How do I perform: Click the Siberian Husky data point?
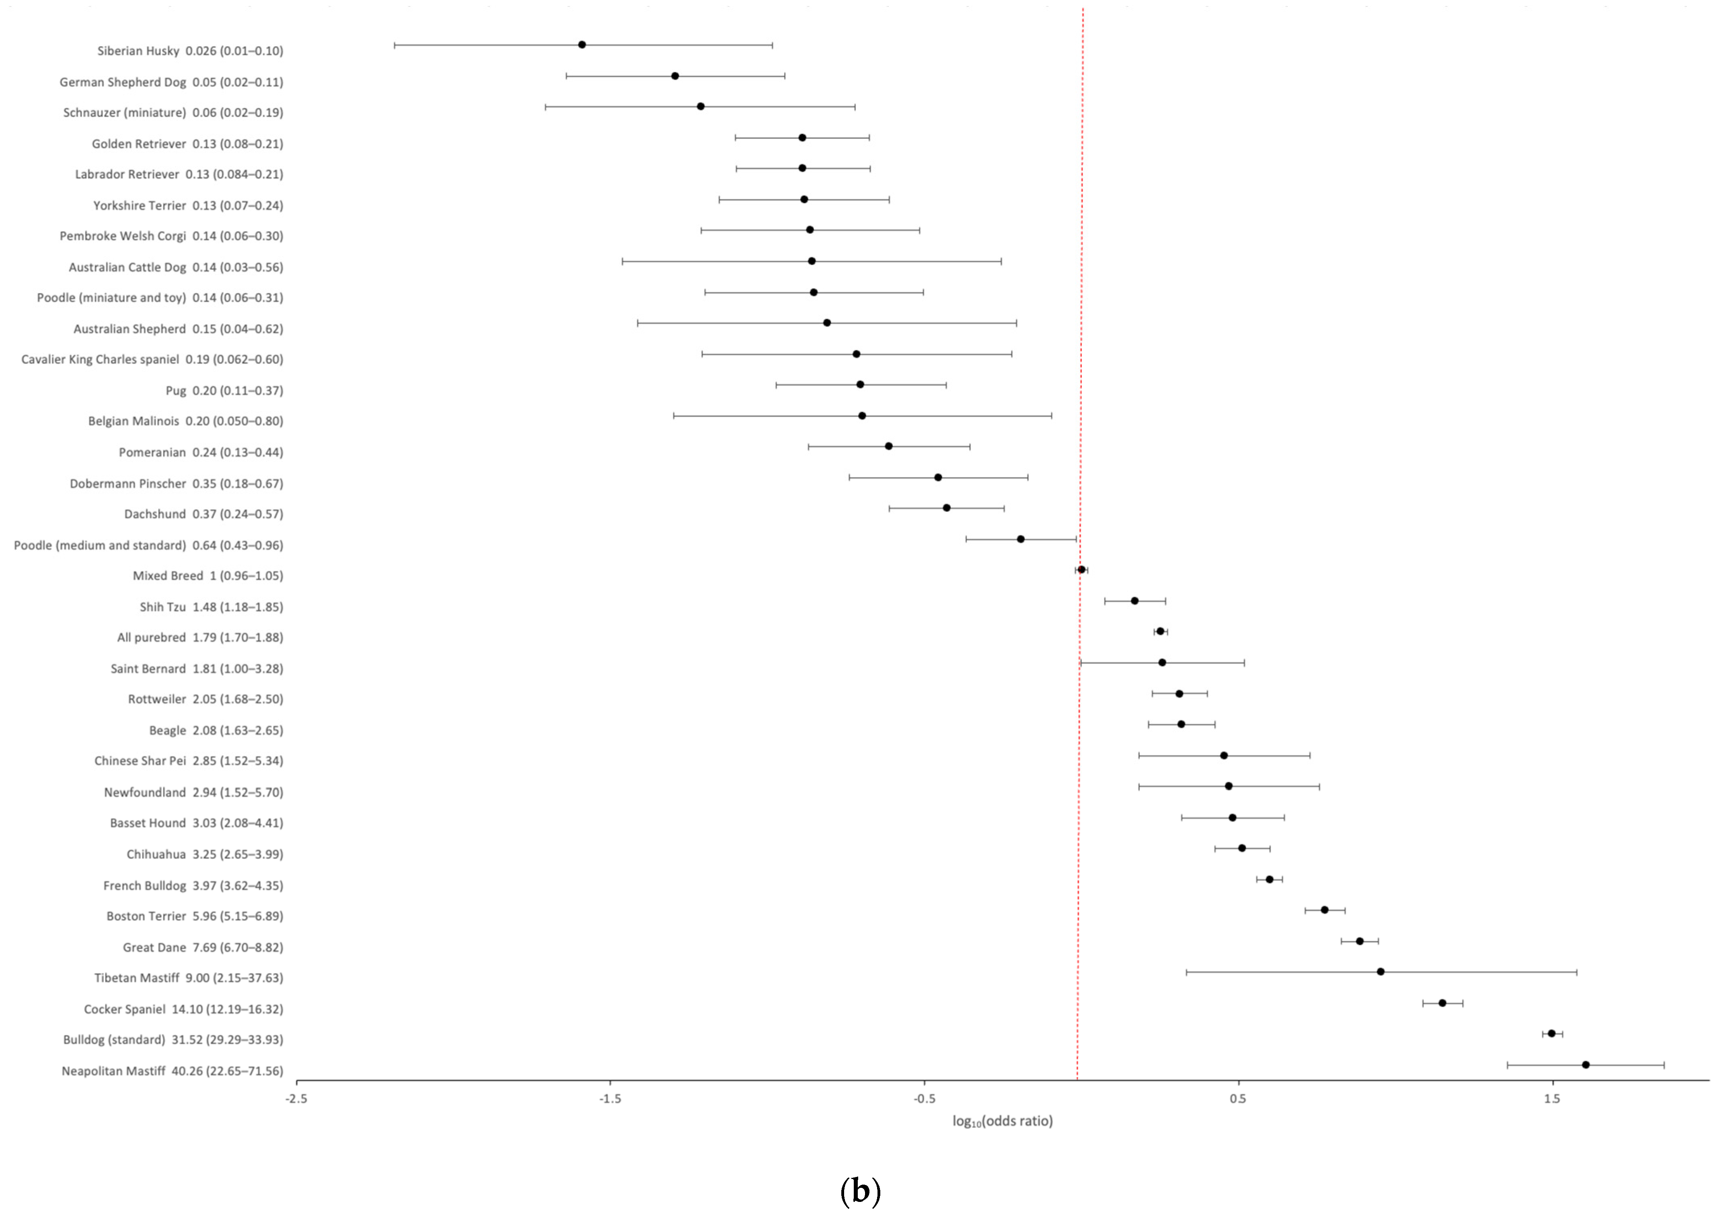click(582, 45)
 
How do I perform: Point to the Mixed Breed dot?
click(1081, 570)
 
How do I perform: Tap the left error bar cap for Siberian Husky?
click(395, 45)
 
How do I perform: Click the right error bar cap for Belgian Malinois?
click(1052, 415)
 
